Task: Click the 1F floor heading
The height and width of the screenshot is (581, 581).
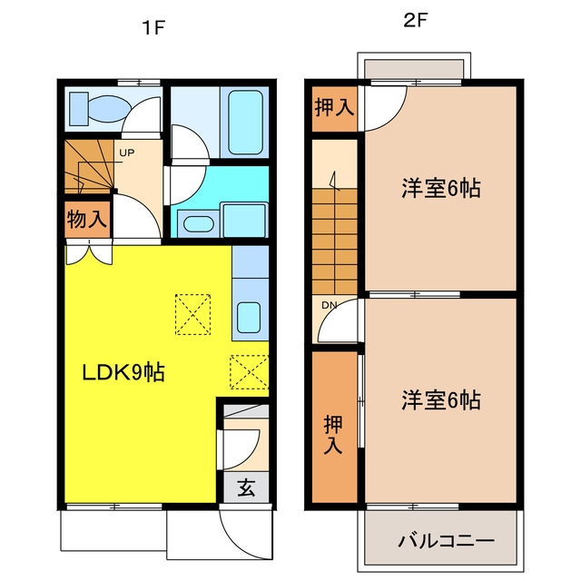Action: (x=153, y=28)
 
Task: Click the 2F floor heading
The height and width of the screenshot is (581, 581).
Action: (x=415, y=20)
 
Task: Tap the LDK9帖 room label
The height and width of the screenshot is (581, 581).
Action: (x=123, y=372)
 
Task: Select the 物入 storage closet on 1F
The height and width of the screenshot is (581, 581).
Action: (x=87, y=220)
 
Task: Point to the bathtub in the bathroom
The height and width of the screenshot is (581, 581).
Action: (x=245, y=123)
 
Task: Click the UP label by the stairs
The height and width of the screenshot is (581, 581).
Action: (x=127, y=153)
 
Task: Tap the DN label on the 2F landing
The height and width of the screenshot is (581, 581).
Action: (x=329, y=305)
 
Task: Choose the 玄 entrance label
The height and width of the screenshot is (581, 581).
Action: (x=246, y=487)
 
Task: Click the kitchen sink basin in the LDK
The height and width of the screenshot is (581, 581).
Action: (x=249, y=318)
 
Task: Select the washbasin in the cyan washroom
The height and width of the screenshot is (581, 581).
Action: (x=198, y=224)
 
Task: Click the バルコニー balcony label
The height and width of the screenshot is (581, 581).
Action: (x=446, y=541)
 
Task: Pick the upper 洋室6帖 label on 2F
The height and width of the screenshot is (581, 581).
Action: (x=441, y=188)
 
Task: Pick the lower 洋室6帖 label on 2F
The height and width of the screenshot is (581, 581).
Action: (x=441, y=399)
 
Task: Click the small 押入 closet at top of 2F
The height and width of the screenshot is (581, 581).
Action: (x=334, y=109)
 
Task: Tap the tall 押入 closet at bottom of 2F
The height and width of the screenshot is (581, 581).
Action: (x=334, y=427)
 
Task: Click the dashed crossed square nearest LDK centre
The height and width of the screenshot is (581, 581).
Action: (x=192, y=315)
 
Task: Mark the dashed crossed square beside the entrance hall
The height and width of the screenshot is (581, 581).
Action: (x=249, y=372)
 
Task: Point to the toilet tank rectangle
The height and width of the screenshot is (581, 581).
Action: (x=79, y=109)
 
